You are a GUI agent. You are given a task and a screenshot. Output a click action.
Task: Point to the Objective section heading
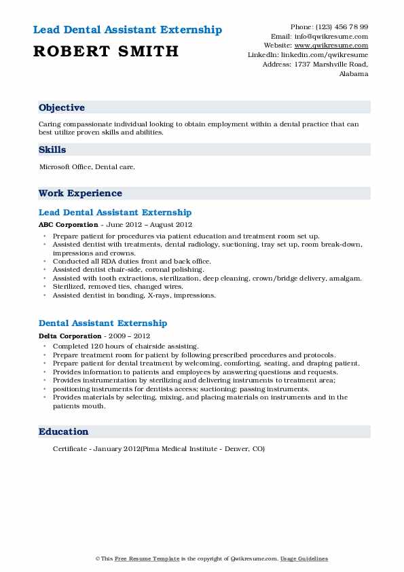pos(62,107)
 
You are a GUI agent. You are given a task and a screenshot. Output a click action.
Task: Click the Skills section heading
pos(52,149)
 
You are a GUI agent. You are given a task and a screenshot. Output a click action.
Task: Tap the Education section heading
pos(63,431)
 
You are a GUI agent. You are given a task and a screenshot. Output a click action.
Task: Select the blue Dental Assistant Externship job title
pos(103,323)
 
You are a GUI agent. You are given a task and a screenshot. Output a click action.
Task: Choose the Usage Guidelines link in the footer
pos(304,558)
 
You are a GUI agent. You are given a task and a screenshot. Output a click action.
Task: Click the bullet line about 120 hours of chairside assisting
pos(125,346)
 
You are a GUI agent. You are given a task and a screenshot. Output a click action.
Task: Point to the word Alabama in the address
pos(353,74)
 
